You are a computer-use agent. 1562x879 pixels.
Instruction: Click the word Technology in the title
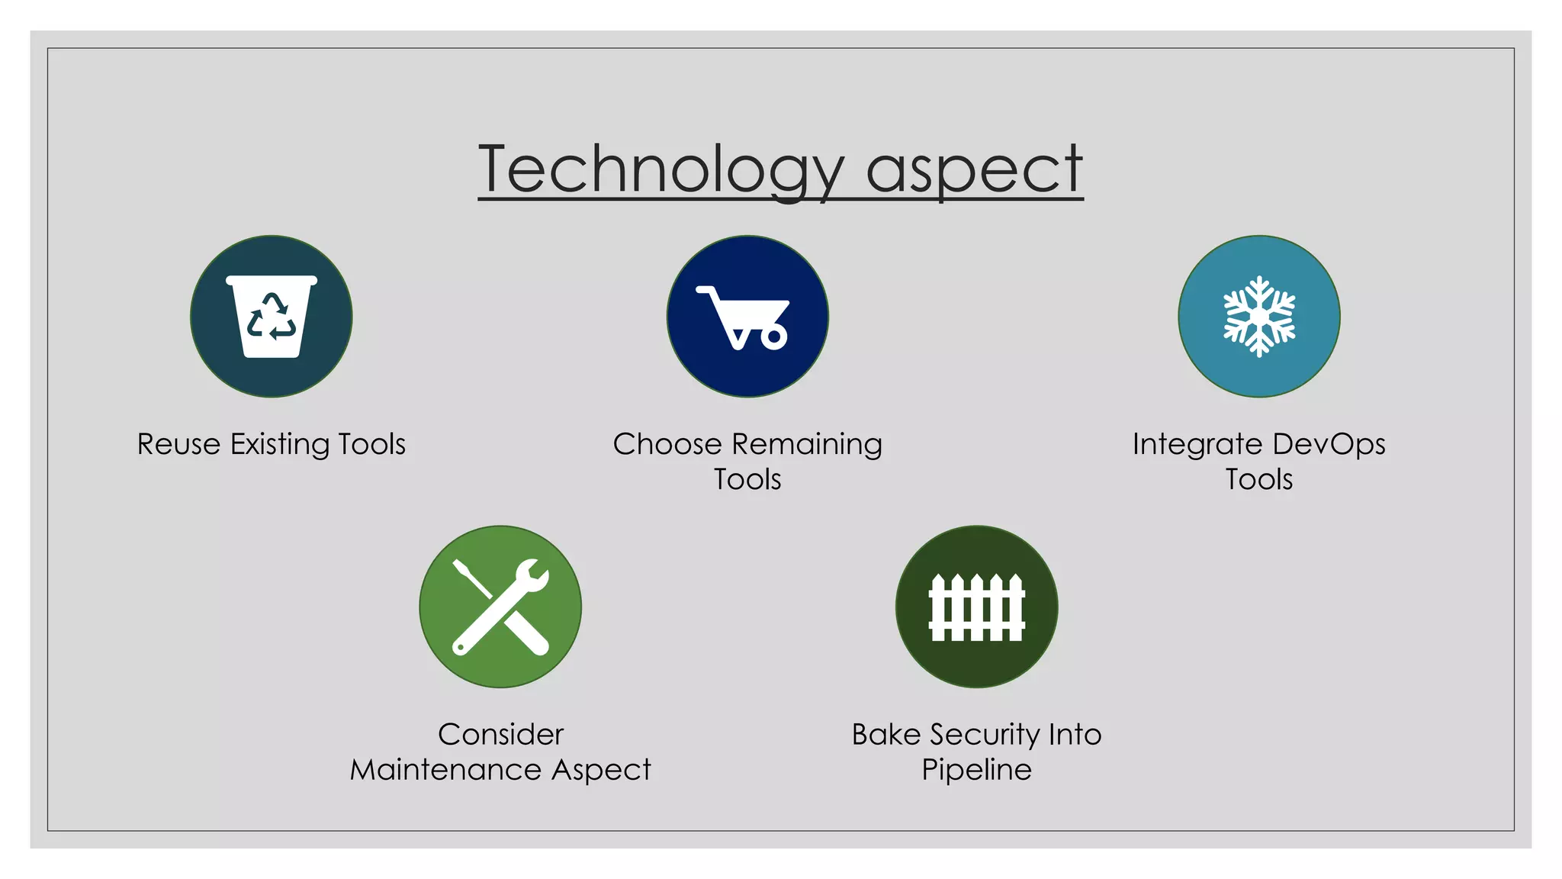[660, 169]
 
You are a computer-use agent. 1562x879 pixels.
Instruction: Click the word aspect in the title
[974, 169]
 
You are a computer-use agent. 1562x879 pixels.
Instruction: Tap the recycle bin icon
[272, 316]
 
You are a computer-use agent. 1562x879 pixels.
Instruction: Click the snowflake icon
[1259, 316]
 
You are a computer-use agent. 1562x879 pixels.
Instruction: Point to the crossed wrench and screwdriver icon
[500, 607]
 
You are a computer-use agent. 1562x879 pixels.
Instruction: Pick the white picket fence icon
[976, 607]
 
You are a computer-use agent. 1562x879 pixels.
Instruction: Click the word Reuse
[178, 444]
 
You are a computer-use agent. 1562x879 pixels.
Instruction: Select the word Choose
[667, 444]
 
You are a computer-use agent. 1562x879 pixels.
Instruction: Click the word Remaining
[806, 444]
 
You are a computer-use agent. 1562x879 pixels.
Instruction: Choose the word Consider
[500, 734]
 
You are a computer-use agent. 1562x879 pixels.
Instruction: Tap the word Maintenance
[445, 769]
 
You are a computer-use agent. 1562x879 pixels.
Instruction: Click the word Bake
[886, 734]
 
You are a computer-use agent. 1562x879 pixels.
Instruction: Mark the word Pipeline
[976, 769]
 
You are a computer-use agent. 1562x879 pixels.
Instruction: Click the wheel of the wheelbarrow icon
[774, 336]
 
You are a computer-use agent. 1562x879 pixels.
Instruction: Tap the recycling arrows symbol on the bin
[272, 316]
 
